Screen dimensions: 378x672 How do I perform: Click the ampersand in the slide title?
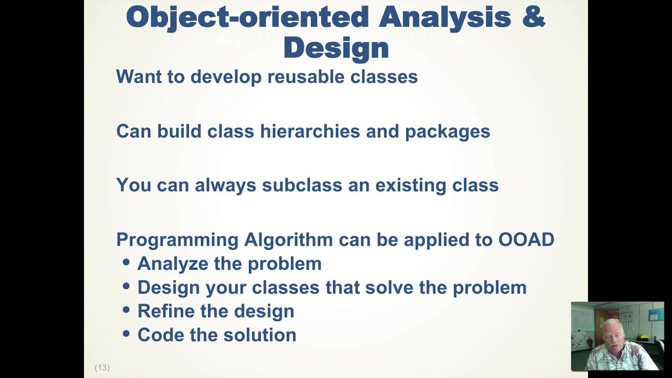[534, 17]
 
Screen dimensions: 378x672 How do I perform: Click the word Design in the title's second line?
[336, 48]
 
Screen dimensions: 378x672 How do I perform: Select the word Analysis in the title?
[445, 17]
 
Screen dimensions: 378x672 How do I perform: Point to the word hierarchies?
[310, 131]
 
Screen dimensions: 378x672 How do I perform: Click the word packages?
[447, 131]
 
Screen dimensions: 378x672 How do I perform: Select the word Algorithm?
[288, 239]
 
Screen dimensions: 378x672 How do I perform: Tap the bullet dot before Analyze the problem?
[126, 262]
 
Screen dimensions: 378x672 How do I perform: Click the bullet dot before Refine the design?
[126, 310]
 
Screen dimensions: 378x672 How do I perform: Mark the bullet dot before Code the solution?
[126, 334]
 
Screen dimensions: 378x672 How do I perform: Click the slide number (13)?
[102, 367]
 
